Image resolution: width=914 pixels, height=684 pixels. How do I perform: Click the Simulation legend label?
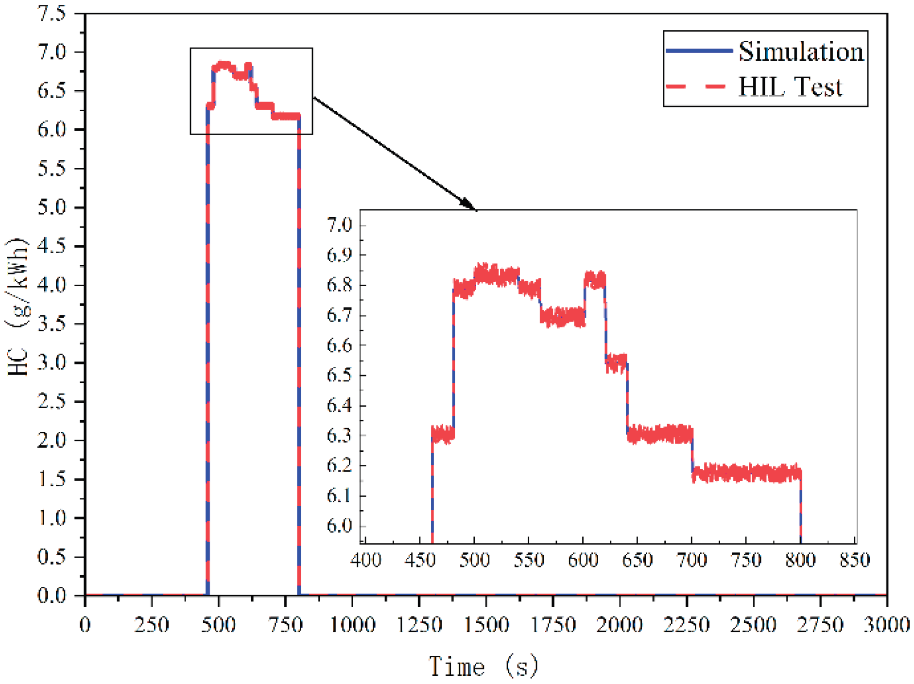click(801, 51)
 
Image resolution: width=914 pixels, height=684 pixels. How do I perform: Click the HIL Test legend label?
click(790, 87)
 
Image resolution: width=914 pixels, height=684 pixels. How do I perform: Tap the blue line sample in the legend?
click(699, 51)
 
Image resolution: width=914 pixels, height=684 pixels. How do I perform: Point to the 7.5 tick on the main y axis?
click(52, 14)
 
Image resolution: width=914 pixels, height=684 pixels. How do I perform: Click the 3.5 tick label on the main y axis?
click(52, 324)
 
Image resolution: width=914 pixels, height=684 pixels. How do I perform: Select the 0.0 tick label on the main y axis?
click(52, 595)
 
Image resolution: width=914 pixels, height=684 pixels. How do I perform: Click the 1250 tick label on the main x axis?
click(419, 625)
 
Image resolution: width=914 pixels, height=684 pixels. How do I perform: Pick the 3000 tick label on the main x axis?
click(887, 625)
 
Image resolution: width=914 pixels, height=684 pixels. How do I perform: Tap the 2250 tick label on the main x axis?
click(687, 625)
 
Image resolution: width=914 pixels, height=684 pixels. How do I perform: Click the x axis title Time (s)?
click(483, 666)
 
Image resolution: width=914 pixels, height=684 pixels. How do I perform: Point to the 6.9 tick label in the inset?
click(339, 255)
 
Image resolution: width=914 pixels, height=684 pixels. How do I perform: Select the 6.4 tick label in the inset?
click(339, 406)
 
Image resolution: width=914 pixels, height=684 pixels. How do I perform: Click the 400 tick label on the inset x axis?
click(365, 560)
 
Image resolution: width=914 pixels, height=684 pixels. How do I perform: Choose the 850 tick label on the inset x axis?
click(855, 560)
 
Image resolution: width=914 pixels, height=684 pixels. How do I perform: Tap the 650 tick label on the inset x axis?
click(637, 560)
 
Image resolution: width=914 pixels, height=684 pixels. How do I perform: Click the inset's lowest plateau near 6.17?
click(746, 473)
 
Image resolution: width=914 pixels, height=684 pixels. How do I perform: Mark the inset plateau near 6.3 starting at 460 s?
click(443, 434)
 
